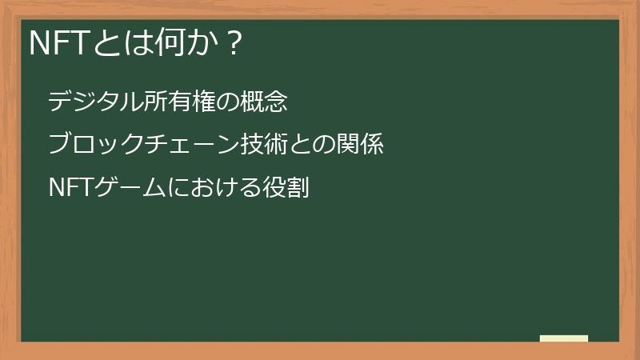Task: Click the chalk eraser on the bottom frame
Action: [564, 338]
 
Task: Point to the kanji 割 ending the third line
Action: [297, 188]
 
